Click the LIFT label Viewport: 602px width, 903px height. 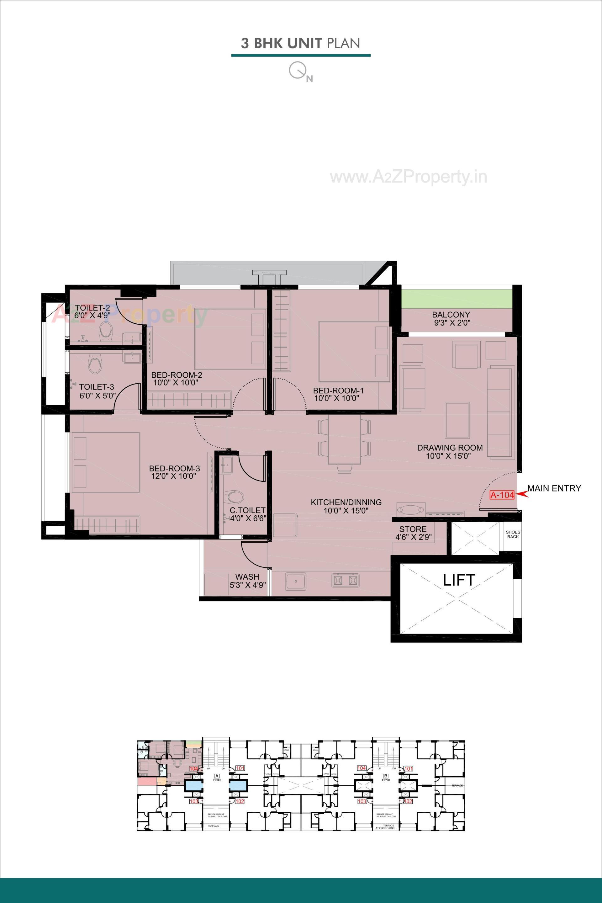[459, 580]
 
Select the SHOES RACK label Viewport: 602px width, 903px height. [513, 534]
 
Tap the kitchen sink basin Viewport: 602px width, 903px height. [296, 581]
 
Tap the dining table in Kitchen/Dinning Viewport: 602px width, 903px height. [344, 440]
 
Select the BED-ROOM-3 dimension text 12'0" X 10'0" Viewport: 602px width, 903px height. [174, 476]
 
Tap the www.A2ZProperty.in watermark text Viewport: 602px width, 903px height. [409, 177]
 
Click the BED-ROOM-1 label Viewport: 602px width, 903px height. [338, 390]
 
